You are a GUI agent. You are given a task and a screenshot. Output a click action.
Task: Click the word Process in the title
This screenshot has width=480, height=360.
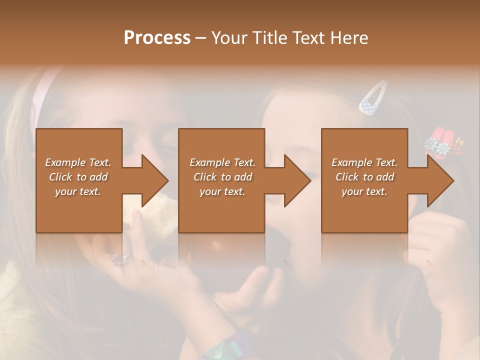click(x=157, y=38)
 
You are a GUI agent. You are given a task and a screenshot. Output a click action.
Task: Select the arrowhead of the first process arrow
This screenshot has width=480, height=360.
click(x=154, y=180)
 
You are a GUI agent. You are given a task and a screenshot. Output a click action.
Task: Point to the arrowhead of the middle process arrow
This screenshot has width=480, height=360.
click(x=296, y=180)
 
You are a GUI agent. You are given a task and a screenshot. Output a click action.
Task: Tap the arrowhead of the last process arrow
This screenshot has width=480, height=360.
click(x=439, y=180)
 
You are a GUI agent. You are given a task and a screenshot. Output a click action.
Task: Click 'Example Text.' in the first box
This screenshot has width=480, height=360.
click(x=78, y=162)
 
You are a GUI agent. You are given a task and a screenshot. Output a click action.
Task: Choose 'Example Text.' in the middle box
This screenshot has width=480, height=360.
click(x=222, y=162)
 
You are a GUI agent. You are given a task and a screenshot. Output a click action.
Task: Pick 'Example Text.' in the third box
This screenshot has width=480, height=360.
click(x=364, y=162)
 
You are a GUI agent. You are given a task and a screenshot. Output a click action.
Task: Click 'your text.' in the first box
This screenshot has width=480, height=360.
click(x=78, y=191)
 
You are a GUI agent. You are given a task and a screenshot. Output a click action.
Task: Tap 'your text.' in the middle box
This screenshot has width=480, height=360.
click(x=222, y=191)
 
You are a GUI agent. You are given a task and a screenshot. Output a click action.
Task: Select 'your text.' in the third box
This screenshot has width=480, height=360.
click(x=364, y=191)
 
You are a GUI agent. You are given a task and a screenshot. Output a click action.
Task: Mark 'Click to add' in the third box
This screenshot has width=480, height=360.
click(x=364, y=177)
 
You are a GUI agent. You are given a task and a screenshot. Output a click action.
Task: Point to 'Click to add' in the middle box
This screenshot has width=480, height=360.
click(x=222, y=177)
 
